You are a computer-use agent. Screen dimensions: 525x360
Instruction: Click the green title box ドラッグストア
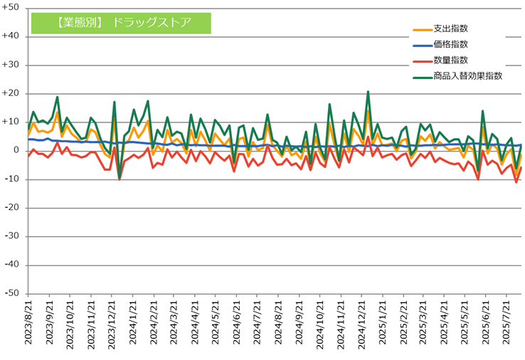[121, 23]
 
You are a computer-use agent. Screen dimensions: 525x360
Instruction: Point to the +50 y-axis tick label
[11, 7]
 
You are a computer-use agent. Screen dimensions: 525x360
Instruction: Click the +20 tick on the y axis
[11, 93]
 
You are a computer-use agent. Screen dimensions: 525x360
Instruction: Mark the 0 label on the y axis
[16, 151]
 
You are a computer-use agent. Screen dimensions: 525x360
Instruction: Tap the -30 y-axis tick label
[11, 236]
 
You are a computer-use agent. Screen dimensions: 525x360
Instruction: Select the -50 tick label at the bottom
[11, 294]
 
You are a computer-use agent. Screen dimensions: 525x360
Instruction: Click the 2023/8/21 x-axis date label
[28, 322]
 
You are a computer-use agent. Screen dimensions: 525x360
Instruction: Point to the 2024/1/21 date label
[133, 322]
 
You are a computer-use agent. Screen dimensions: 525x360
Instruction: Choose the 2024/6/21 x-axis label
[237, 322]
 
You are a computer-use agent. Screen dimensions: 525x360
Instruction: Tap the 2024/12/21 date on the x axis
[361, 324]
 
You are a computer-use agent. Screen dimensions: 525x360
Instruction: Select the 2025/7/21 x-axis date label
[507, 322]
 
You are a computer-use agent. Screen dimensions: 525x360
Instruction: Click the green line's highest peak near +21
[368, 92]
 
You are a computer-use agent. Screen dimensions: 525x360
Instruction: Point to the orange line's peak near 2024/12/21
[368, 111]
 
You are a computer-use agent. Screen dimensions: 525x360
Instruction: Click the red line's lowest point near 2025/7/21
[516, 182]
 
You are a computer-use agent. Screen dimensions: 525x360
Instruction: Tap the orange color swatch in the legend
[423, 30]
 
